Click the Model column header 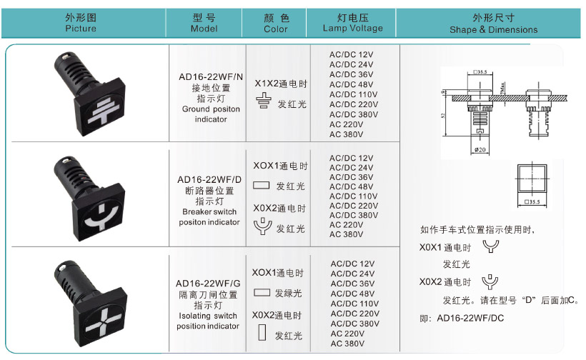point(204,23)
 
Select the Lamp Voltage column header point(352,23)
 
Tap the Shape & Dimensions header point(493,24)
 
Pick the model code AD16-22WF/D point(209,180)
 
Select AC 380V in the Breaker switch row point(346,234)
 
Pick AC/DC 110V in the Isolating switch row point(354,304)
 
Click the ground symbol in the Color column point(263,104)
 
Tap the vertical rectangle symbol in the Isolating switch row point(262,334)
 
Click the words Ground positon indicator point(211,114)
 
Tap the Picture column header point(80,23)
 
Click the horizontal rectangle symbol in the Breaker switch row point(261,186)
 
